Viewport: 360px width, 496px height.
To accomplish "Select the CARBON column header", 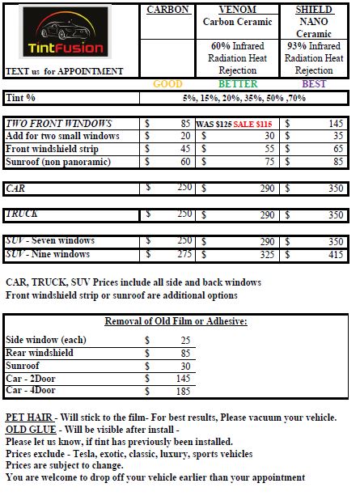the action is click(x=167, y=9).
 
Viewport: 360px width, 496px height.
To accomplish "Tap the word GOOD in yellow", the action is click(x=167, y=84).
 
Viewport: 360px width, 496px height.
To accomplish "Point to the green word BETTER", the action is click(x=238, y=84).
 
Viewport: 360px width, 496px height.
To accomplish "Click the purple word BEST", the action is click(x=312, y=84).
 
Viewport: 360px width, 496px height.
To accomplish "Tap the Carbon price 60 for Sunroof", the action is click(x=183, y=162).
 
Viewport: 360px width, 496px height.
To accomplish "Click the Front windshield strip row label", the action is click(x=53, y=149).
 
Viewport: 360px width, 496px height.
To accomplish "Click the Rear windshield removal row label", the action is click(x=40, y=353).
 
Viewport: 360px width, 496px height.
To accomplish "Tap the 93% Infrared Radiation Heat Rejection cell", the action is click(x=315, y=57).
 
